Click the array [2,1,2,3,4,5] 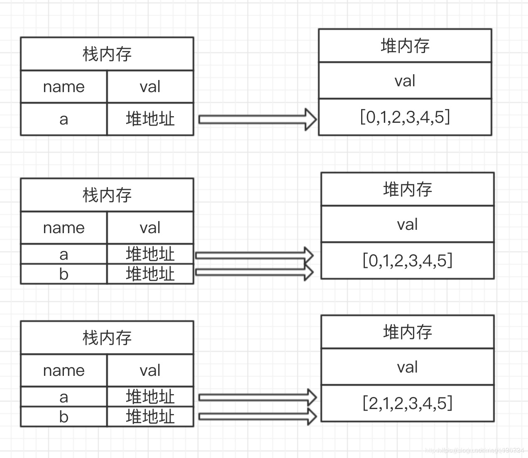(407, 403)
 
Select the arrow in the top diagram (257, 119)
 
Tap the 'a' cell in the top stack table (64, 119)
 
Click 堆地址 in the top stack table (150, 119)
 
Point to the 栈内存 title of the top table (107, 54)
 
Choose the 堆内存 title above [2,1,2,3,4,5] (407, 332)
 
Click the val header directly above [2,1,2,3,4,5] (407, 367)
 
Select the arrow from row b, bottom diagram (257, 416)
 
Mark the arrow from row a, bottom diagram (257, 397)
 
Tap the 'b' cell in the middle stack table (64, 274)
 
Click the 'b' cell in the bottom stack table (64, 417)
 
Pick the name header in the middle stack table (64, 228)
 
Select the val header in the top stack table (150, 87)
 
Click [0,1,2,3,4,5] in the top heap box (405, 117)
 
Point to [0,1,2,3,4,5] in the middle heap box (407, 261)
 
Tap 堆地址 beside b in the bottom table (150, 417)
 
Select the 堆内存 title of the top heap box (405, 46)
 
